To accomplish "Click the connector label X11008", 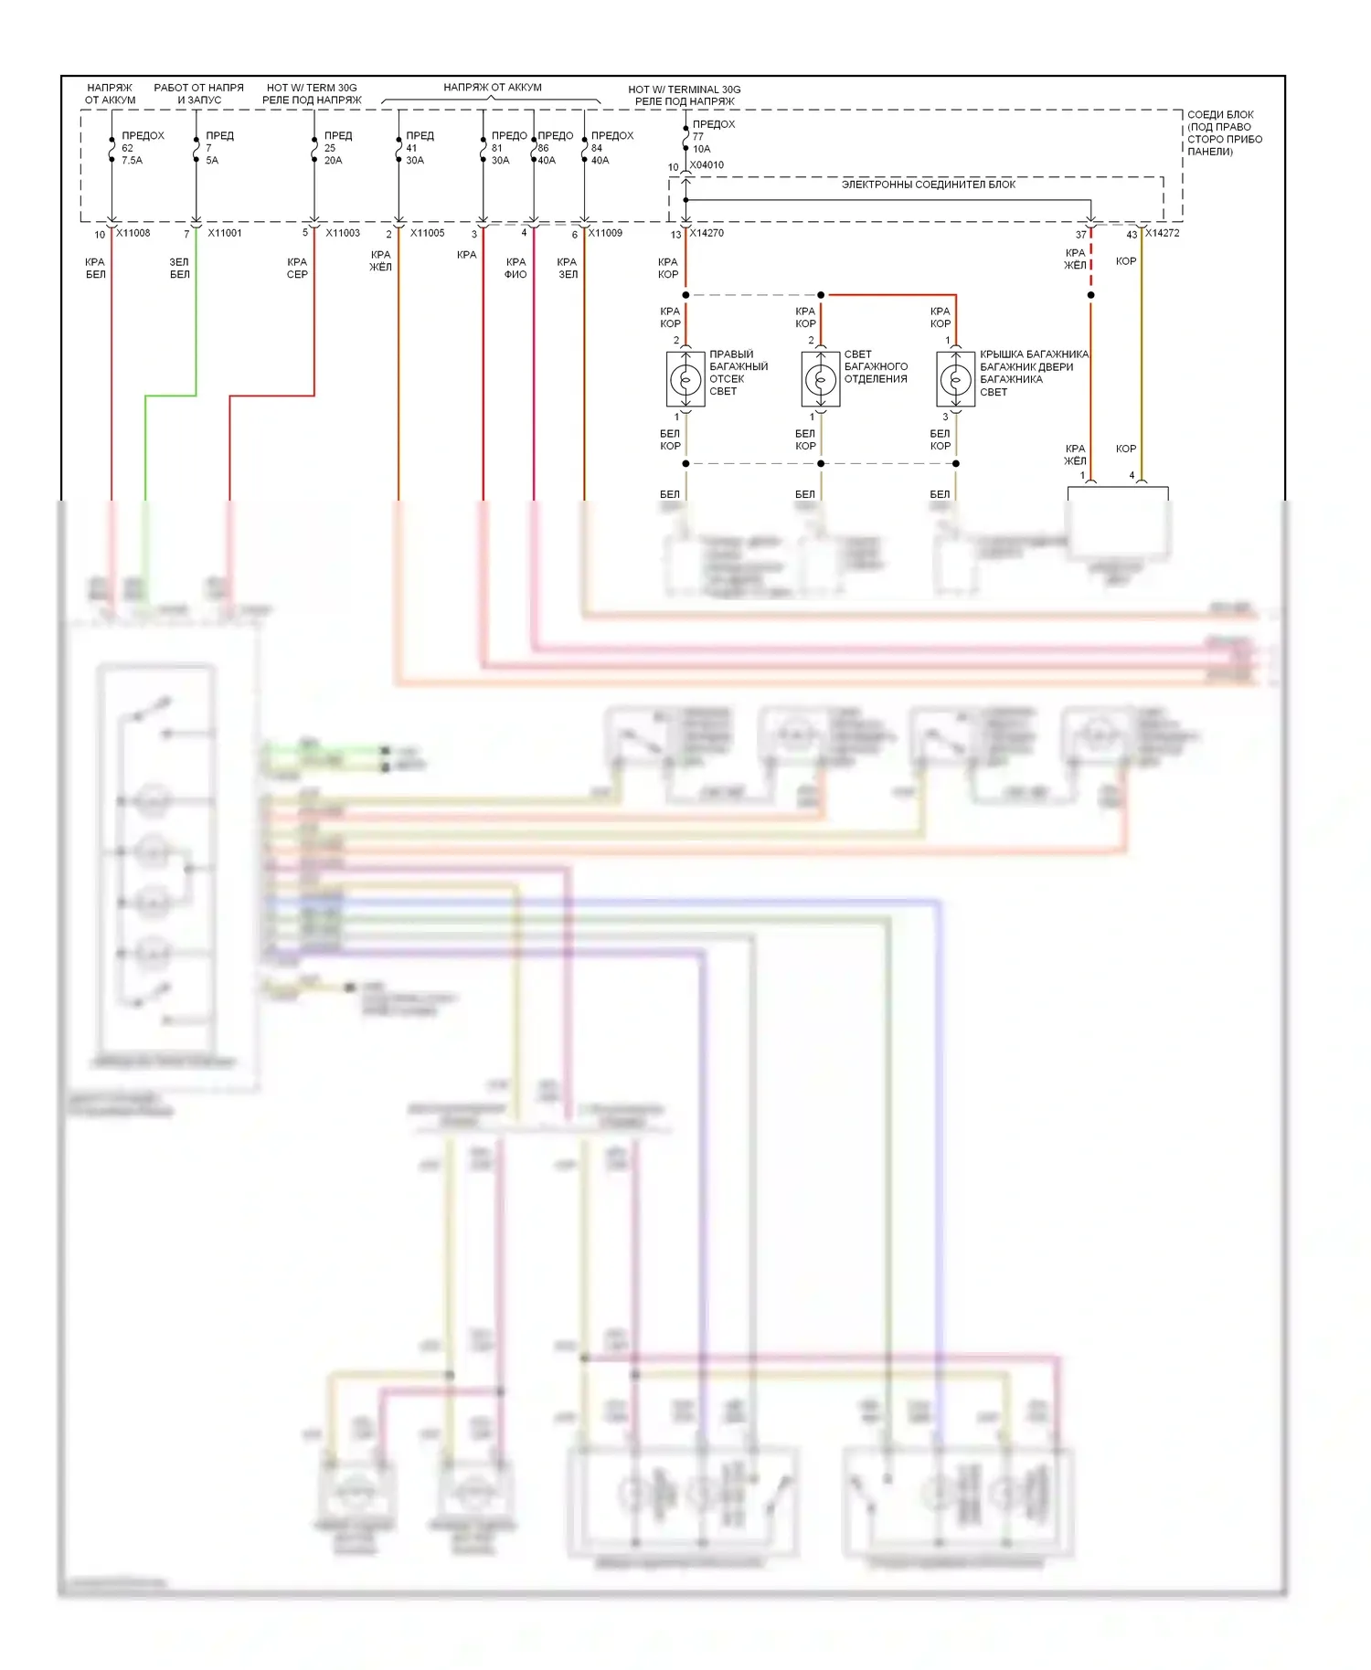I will pyautogui.click(x=133, y=233).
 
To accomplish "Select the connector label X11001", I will pyautogui.click(x=225, y=233).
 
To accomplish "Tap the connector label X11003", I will pyautogui.click(x=343, y=233).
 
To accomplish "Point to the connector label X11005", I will pyautogui.click(x=427, y=233).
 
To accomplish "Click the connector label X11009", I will pyautogui.click(x=605, y=233).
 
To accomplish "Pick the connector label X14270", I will pyautogui.click(x=707, y=233).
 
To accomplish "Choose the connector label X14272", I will pyautogui.click(x=1162, y=233).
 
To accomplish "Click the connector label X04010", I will pyautogui.click(x=707, y=165).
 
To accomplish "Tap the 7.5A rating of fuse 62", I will pyautogui.click(x=133, y=161).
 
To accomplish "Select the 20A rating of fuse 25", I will pyautogui.click(x=334, y=161).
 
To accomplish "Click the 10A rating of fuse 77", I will pyautogui.click(x=701, y=149).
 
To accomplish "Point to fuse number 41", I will pyautogui.click(x=411, y=148).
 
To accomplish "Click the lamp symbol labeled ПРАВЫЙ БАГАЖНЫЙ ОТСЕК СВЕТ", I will pyautogui.click(x=685, y=379).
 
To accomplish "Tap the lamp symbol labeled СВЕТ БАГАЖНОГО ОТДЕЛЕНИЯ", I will pyautogui.click(x=821, y=379).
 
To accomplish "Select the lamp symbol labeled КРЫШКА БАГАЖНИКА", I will pyautogui.click(x=956, y=379).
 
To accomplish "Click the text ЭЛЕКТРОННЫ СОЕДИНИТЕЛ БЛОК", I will pyautogui.click(x=929, y=185).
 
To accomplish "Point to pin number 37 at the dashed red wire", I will pyautogui.click(x=1081, y=235).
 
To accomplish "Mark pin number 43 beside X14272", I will pyautogui.click(x=1132, y=235).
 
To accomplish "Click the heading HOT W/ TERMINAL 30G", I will pyautogui.click(x=685, y=90).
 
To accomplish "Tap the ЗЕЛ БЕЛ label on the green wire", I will pyautogui.click(x=179, y=268).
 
